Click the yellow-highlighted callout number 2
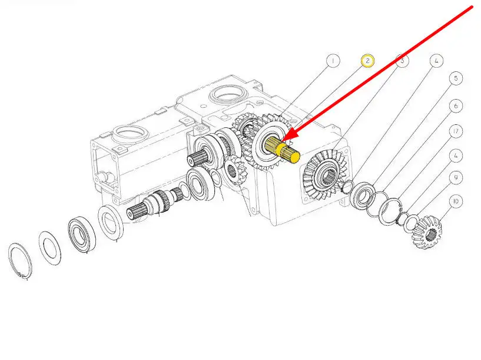(367, 61)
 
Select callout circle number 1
(333, 61)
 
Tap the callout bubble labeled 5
(456, 78)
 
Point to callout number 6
(456, 106)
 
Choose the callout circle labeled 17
(456, 131)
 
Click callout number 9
(456, 178)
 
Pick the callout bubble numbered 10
(456, 202)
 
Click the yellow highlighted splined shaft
(282, 150)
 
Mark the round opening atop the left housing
(131, 134)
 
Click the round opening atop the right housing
(228, 94)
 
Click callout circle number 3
(402, 61)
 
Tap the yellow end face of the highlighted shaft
(295, 157)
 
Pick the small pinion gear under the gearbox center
(235, 170)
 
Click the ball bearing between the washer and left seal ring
(82, 235)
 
